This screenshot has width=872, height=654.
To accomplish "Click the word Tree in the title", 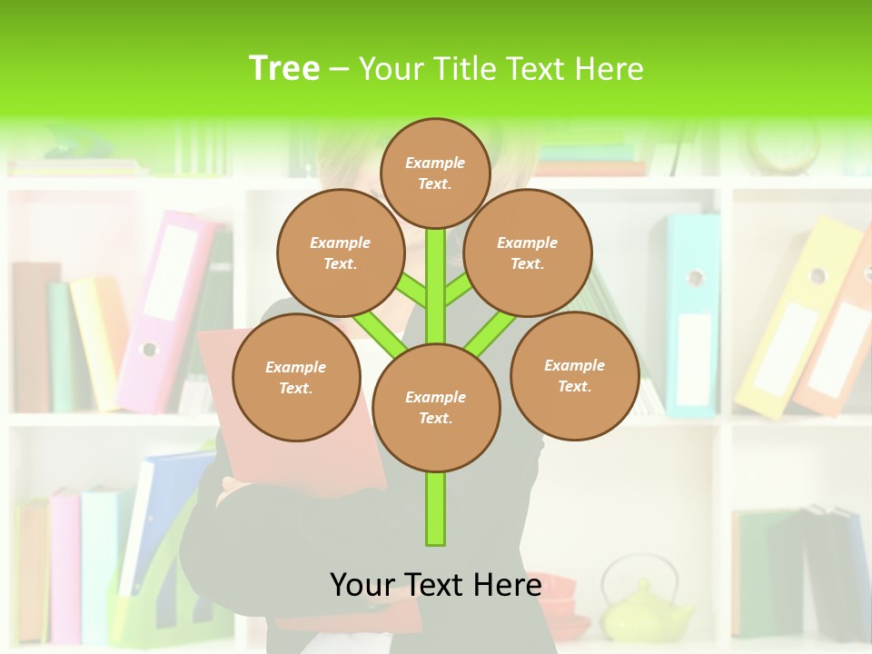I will pyautogui.click(x=284, y=68).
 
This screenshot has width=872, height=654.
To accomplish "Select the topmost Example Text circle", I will pyautogui.click(x=435, y=173).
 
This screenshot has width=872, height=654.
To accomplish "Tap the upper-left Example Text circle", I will pyautogui.click(x=340, y=253).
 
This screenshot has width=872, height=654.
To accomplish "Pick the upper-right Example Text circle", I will pyautogui.click(x=527, y=253).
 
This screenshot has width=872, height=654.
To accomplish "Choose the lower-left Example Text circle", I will pyautogui.click(x=295, y=377).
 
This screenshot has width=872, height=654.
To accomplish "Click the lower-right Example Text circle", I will pyautogui.click(x=574, y=375).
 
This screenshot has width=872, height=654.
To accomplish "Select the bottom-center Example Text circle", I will pyautogui.click(x=435, y=407).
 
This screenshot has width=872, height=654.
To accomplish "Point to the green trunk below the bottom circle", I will pyautogui.click(x=436, y=509).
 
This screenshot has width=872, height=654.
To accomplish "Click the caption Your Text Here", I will pyautogui.click(x=436, y=585).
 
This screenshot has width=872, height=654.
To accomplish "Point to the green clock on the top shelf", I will pyautogui.click(x=783, y=145).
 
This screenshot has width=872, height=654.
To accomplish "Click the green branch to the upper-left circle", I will pyautogui.click(x=410, y=291).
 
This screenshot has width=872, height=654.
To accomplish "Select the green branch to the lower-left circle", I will pyautogui.click(x=381, y=333).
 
